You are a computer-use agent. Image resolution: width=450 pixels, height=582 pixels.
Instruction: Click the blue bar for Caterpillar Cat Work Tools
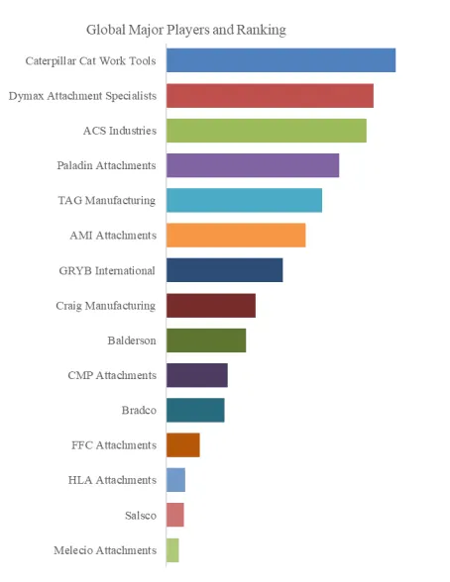tap(281, 60)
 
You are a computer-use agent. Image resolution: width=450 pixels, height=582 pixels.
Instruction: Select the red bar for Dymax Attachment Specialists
tap(270, 96)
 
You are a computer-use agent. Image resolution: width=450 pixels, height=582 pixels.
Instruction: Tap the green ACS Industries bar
tap(267, 131)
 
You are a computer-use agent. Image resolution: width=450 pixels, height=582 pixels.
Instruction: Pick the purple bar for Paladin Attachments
tap(253, 165)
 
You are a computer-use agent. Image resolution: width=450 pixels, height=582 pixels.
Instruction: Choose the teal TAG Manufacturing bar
tap(244, 200)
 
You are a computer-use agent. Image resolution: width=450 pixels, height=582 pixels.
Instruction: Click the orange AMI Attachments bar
tap(236, 236)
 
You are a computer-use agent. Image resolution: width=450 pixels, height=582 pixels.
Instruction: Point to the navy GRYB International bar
tap(224, 270)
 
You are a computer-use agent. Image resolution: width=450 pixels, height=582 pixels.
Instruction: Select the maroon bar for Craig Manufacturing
tap(211, 306)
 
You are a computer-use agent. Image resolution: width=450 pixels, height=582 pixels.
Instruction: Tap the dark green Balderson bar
tap(206, 340)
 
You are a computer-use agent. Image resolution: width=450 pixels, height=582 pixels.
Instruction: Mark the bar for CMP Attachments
tap(197, 375)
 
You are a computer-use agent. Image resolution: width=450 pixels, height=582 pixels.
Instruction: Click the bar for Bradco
tap(195, 410)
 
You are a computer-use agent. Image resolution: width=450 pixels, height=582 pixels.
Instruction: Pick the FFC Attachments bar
tap(183, 445)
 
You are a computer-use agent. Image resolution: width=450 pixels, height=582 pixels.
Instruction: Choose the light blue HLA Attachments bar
tap(175, 480)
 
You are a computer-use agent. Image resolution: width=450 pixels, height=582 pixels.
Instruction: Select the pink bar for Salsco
tap(175, 515)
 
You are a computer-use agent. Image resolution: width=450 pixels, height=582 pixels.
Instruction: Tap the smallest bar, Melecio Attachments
tap(172, 550)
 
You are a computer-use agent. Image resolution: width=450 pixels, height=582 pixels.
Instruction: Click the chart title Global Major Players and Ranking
tap(186, 30)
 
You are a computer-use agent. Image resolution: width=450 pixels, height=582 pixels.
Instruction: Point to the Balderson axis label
tap(132, 340)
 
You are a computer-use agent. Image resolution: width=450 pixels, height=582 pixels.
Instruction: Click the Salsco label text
tap(141, 515)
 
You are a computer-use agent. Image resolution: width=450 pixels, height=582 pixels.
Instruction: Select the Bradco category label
tap(139, 410)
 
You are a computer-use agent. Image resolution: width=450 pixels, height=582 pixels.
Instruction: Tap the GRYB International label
tap(107, 270)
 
